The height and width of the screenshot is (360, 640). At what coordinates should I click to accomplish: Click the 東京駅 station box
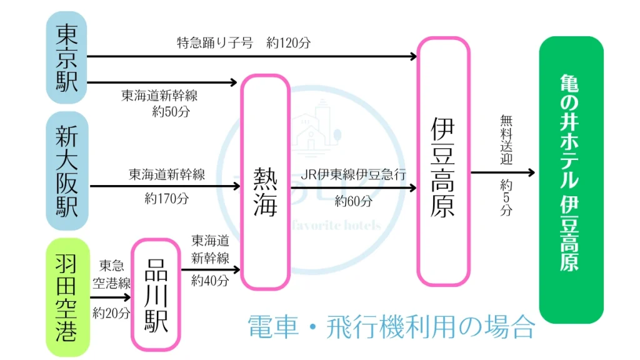pos(67,57)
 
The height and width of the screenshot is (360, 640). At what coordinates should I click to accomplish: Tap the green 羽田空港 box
pos(67,297)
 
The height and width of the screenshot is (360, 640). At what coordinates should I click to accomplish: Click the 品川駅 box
pos(156,296)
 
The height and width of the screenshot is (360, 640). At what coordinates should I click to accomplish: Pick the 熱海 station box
pos(265,182)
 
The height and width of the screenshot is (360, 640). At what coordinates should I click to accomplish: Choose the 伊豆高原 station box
pos(443,161)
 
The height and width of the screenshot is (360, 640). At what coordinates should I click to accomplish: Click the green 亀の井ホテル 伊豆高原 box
pos(571,179)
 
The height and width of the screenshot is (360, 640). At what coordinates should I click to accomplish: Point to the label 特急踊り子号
pos(215,43)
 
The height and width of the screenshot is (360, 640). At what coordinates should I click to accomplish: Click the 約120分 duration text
pos(288,43)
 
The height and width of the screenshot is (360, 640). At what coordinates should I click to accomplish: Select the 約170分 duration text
pos(166,199)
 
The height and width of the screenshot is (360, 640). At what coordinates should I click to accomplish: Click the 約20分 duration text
pos(111,312)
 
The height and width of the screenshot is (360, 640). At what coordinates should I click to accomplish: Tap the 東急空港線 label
pos(111,274)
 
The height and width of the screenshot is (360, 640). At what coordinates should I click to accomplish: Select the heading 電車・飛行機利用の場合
pos(391,326)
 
